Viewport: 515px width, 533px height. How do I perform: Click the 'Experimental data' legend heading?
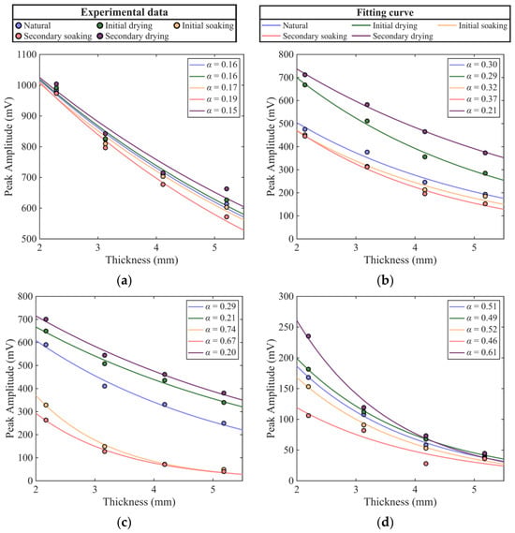click(x=125, y=12)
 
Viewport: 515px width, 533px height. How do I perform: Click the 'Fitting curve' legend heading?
click(x=385, y=12)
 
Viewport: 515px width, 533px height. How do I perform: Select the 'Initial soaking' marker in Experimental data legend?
click(x=177, y=25)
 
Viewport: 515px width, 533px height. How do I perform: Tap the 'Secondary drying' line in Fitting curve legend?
click(x=361, y=36)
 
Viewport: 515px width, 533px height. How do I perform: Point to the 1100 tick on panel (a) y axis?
click(x=27, y=54)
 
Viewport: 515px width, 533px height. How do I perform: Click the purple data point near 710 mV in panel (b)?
click(x=304, y=75)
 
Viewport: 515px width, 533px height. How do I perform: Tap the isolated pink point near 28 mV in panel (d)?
click(x=426, y=464)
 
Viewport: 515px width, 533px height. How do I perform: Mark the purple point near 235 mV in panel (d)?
click(x=308, y=336)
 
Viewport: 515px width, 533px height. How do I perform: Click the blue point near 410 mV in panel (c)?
click(x=105, y=386)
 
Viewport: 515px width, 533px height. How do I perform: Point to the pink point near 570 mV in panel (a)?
click(x=227, y=217)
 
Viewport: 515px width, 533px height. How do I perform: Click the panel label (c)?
click(x=124, y=522)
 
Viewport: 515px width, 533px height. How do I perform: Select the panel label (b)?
click(x=385, y=281)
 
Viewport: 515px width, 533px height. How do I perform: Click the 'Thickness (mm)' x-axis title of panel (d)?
click(x=400, y=502)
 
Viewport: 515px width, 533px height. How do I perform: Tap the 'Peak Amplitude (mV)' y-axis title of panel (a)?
click(x=9, y=146)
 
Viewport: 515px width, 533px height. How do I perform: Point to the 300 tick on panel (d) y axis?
click(x=287, y=296)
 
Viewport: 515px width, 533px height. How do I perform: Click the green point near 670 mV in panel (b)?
click(x=304, y=84)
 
